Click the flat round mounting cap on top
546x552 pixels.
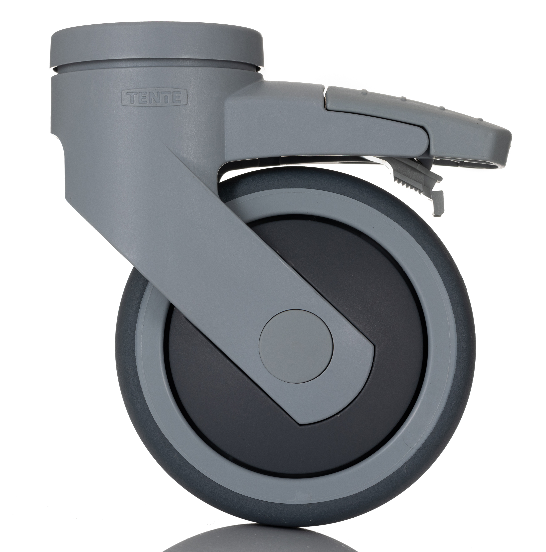[157, 40]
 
